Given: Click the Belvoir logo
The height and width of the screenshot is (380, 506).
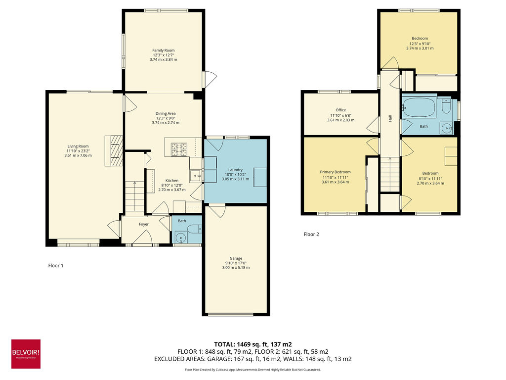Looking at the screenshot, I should point(26,354).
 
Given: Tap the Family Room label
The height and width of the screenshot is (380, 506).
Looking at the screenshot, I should point(163,50).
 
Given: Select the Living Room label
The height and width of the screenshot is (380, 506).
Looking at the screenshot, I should point(78,146).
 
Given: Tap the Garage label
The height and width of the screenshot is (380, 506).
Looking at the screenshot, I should point(236,258).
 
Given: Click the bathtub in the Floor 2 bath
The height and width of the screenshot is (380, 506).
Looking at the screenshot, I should point(418,107).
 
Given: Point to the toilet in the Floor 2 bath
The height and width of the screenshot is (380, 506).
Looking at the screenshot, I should point(446,107).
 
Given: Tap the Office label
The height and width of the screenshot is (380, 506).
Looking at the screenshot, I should point(340,110).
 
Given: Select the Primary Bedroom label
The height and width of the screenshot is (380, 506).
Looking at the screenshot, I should point(336,172).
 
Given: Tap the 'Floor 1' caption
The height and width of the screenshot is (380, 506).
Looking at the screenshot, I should point(55,266).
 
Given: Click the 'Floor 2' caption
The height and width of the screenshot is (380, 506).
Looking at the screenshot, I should point(311,235).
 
